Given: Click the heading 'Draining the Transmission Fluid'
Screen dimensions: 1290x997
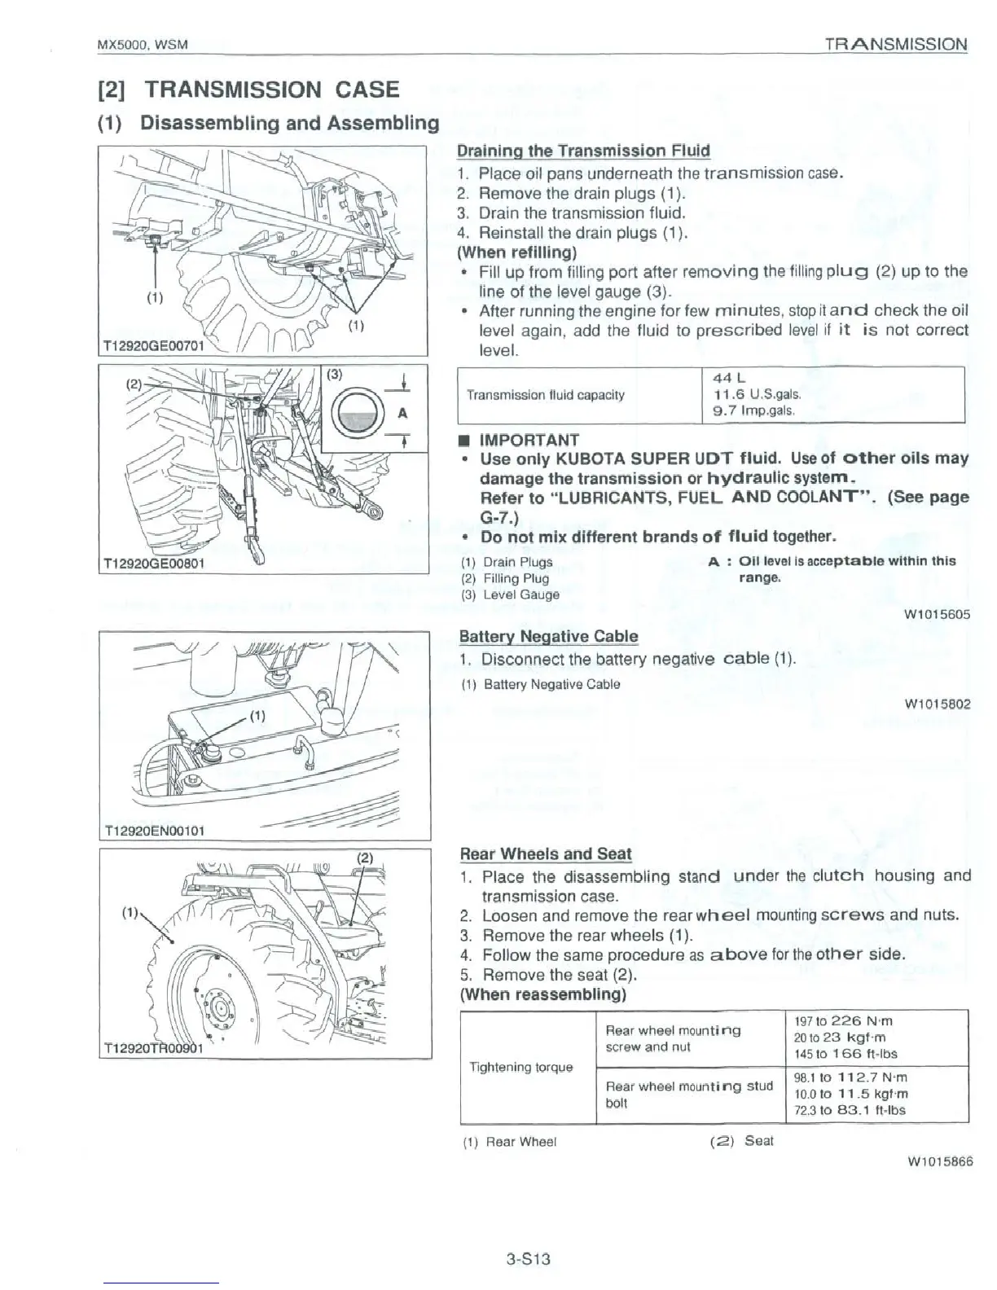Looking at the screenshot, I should coord(583,151).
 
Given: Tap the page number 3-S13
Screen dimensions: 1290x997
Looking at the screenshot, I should coord(528,1259).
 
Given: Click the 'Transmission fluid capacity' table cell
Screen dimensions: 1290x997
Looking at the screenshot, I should coord(545,395).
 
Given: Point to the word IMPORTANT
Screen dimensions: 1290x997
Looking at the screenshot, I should coord(529,441).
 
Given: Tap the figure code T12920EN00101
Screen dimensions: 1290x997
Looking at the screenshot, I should coord(155,831).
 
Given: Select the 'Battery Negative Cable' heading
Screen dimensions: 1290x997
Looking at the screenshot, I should coord(548,636).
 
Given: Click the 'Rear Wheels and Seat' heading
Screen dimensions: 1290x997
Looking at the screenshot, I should coord(546,853).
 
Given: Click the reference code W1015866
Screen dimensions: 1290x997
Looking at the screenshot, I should coord(939,1161).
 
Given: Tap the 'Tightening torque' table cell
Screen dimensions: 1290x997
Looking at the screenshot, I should coord(520,1067).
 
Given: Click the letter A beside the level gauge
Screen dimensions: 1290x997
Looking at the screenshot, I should coord(402,413).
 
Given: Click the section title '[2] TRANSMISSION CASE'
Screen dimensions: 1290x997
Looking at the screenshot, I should coord(248,90).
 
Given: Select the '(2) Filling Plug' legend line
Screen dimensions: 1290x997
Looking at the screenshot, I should coord(505,578).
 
